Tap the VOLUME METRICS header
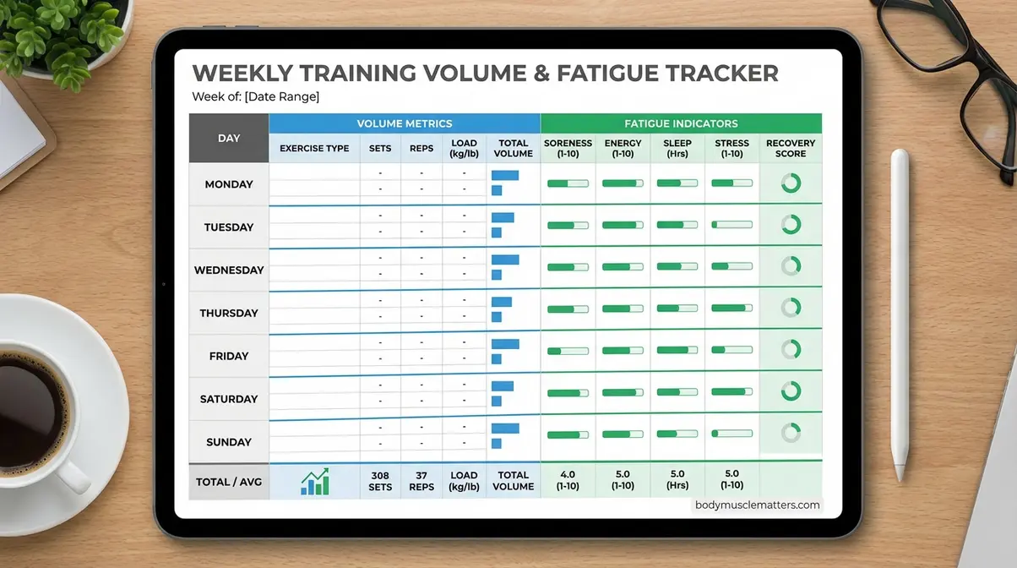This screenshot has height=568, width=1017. click(404, 123)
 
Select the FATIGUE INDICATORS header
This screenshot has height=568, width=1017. click(681, 123)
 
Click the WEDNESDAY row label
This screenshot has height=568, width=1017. click(229, 270)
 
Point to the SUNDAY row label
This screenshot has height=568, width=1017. click(229, 442)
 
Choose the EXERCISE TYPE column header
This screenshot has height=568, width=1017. click(314, 149)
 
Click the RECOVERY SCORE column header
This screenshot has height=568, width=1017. click(791, 149)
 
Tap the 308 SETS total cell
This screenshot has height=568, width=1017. click(380, 482)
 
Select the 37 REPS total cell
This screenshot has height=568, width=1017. click(421, 482)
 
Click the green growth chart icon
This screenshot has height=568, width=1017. click(315, 482)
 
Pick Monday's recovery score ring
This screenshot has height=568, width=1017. click(791, 183)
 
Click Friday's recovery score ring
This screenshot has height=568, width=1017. click(791, 349)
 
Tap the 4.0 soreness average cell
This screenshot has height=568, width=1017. click(568, 481)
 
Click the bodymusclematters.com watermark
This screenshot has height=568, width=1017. click(757, 505)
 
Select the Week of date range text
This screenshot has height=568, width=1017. click(255, 97)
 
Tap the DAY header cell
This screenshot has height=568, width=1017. click(229, 138)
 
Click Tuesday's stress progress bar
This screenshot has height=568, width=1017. click(731, 225)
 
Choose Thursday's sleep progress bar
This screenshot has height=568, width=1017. click(677, 309)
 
